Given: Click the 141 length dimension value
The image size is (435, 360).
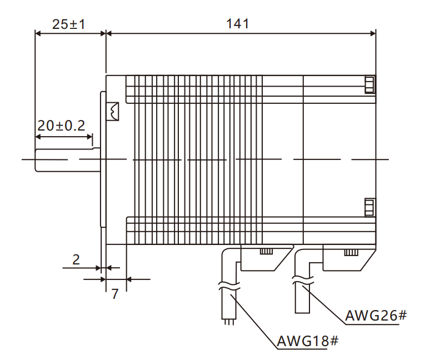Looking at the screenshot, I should point(238,24).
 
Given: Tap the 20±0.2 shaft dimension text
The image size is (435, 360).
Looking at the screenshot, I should point(61,126).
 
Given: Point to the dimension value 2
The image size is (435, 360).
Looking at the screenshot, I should point(76,259).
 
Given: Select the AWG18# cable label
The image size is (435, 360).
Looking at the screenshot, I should point(307,341).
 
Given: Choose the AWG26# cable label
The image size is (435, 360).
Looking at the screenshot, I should point(376,316).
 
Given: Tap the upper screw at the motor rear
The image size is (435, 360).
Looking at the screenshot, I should point(369,85).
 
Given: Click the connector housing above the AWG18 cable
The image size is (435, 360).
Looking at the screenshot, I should point(266,257).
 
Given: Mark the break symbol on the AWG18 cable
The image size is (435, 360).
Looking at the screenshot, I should point(229,288).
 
